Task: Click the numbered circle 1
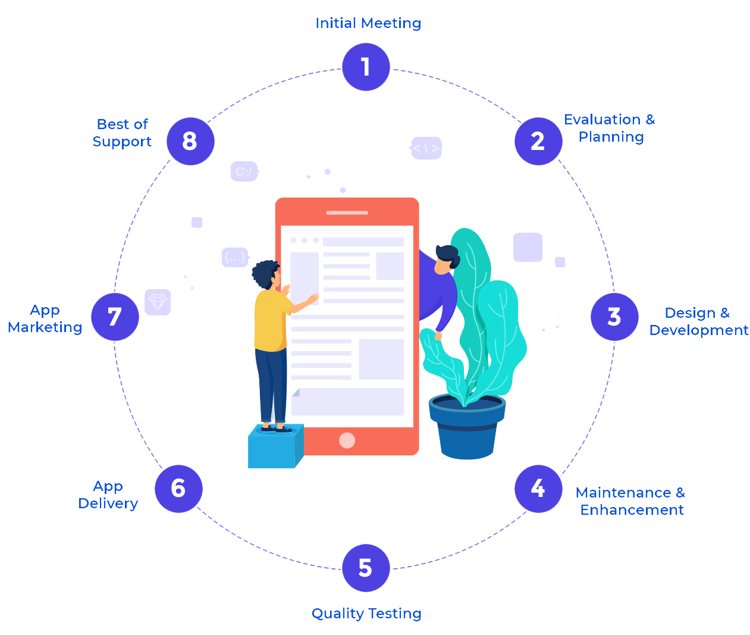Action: (x=366, y=67)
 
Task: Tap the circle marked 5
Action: (x=366, y=568)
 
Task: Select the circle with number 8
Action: (x=190, y=142)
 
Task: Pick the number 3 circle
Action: (x=614, y=317)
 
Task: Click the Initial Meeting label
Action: (x=368, y=23)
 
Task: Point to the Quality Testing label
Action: (x=366, y=614)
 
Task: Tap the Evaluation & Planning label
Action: (x=610, y=128)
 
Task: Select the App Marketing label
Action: (x=45, y=318)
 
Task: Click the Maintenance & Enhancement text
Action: (x=630, y=501)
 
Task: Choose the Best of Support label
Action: (x=122, y=133)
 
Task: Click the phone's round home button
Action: (x=347, y=440)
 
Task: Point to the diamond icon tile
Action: (x=158, y=302)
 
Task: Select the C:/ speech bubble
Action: (x=244, y=171)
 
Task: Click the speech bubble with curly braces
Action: (x=235, y=257)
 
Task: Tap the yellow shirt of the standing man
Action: (x=271, y=321)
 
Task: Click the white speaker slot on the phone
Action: (x=347, y=212)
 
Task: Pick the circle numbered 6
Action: (x=178, y=489)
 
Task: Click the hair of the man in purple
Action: (x=447, y=253)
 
